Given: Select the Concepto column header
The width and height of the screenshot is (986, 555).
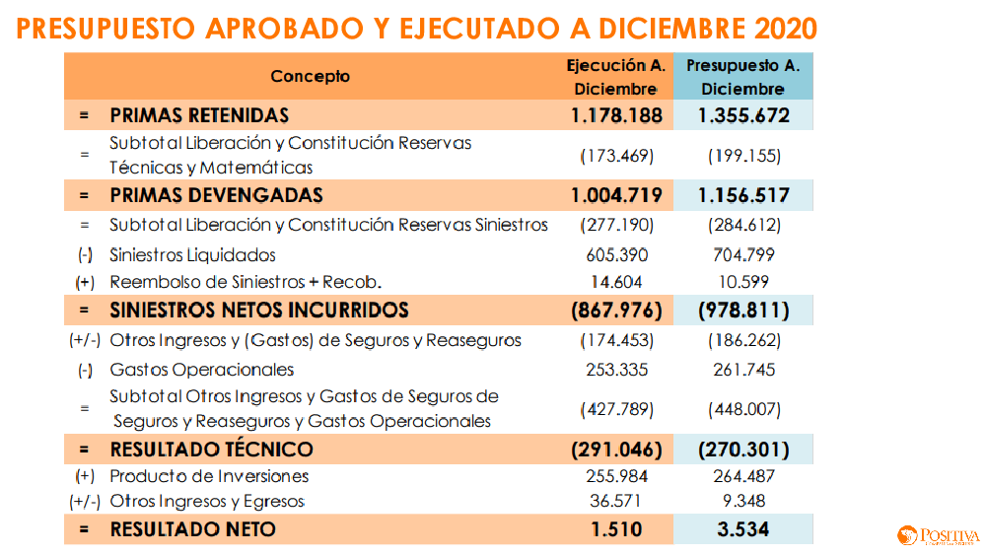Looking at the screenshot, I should [311, 76].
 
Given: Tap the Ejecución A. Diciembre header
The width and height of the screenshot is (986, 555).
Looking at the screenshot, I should [615, 77].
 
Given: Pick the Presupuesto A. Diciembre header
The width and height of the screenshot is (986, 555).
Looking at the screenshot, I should [743, 77].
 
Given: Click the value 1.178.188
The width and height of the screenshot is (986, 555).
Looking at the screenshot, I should [616, 115].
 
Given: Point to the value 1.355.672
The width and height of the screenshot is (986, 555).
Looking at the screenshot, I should [743, 115].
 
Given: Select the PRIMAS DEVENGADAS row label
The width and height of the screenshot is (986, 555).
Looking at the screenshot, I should [216, 195].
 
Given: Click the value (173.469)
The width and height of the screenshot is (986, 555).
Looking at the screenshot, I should [616, 156].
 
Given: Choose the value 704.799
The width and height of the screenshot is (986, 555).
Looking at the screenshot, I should [743, 255].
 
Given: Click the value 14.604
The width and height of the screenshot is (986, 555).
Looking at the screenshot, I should [616, 282].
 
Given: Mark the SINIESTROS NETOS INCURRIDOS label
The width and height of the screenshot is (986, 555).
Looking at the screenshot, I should [258, 311].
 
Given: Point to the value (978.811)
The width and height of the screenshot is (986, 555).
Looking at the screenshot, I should [743, 311].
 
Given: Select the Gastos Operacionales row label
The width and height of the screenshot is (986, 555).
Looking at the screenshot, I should [202, 370].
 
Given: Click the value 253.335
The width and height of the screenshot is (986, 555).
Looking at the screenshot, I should [616, 370].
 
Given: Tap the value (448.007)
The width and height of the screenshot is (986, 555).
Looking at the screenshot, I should [743, 409].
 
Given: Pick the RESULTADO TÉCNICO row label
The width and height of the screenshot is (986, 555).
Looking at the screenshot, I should [211, 450].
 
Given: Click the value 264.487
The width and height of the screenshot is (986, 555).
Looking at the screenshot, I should [743, 476].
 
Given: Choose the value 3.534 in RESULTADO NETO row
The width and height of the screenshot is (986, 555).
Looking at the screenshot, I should [743, 529].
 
